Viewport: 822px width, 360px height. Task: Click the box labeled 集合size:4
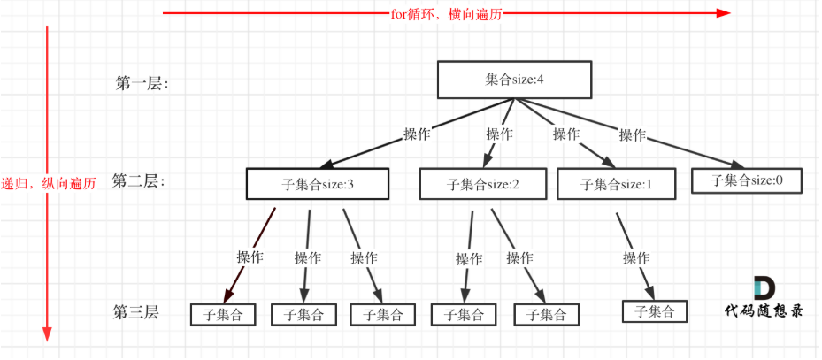pyautogui.click(x=513, y=80)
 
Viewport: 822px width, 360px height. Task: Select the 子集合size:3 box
pyautogui.click(x=318, y=183)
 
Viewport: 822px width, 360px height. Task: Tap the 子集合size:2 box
pyautogui.click(x=483, y=184)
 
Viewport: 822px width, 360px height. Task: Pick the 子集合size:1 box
pyautogui.click(x=616, y=184)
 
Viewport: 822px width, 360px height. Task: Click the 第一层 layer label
pyautogui.click(x=142, y=83)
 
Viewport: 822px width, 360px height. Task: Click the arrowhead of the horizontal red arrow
pyautogui.click(x=724, y=13)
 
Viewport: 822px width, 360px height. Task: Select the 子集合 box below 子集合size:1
pyautogui.click(x=654, y=310)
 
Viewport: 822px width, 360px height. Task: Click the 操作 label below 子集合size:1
pyautogui.click(x=636, y=258)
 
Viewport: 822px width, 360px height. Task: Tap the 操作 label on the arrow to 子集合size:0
pyautogui.click(x=633, y=135)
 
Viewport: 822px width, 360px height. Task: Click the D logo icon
pyautogui.click(x=763, y=288)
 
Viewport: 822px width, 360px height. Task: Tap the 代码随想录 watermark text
pyautogui.click(x=764, y=311)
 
